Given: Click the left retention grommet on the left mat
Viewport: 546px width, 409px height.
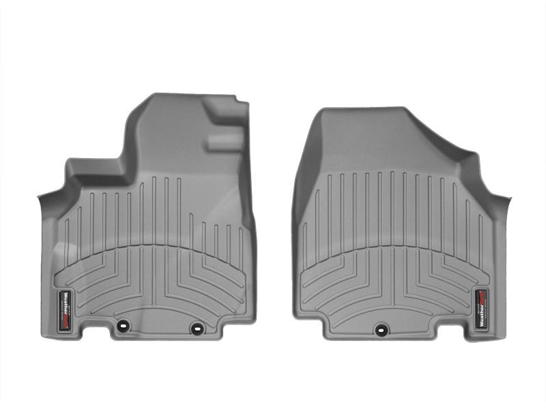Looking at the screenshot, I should (x=122, y=325).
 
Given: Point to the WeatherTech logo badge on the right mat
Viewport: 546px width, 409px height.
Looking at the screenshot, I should (x=481, y=307).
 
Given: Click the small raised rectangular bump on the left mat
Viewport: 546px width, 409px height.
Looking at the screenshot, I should (x=225, y=141).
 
